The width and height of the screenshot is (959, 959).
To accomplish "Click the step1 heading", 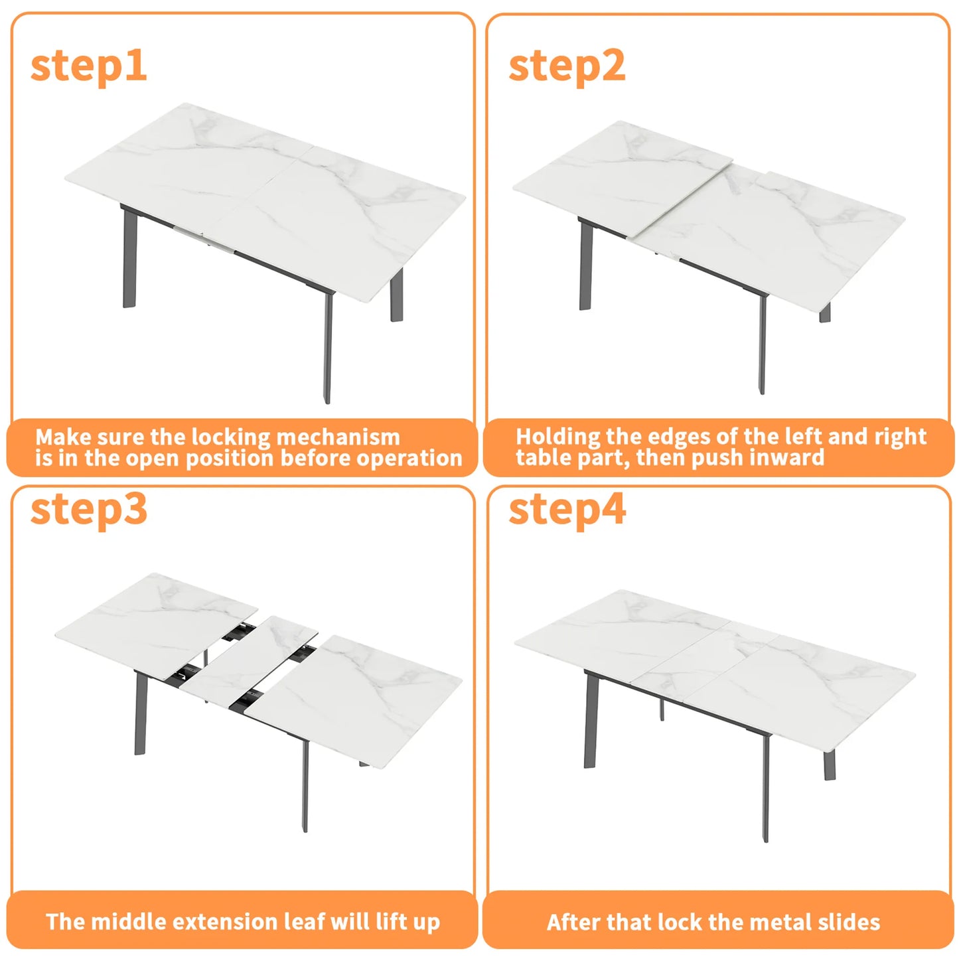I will coord(88,66).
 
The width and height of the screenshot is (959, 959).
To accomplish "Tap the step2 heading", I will coord(566,66).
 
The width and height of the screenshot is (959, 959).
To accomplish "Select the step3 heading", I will coord(88,509).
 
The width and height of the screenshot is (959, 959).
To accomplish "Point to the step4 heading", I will coord(567,509).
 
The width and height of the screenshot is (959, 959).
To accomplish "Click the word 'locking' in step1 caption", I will coord(230,437).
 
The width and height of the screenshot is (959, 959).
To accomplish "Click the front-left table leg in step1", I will coord(129,259).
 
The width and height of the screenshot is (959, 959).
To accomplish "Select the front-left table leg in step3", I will coord(140,713).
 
